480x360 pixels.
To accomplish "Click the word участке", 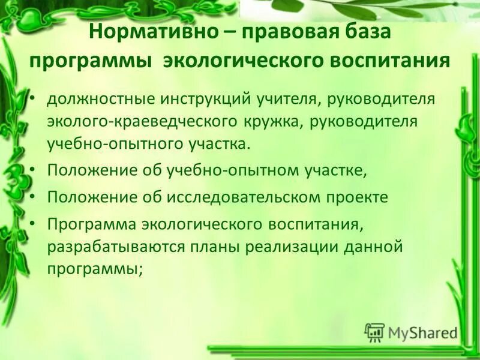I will (337, 170).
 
